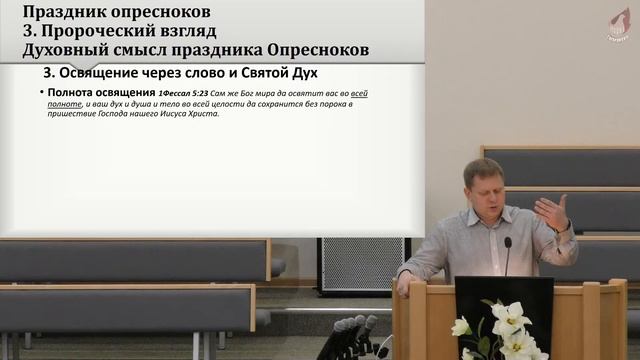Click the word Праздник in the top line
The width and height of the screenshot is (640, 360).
coord(57,13)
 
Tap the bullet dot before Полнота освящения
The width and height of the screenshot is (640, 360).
coord(40,93)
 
